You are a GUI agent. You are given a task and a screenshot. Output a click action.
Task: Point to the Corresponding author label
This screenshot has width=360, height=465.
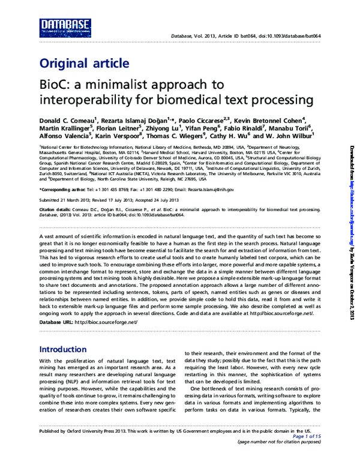pos(65,190)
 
